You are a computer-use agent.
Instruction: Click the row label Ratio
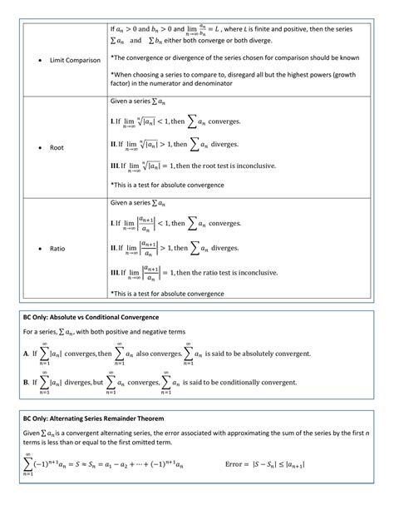click(x=57, y=248)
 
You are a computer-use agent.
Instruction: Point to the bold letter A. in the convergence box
click(x=27, y=353)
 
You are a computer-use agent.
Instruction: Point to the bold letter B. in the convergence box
click(x=27, y=383)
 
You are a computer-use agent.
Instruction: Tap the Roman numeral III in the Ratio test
click(x=116, y=273)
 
